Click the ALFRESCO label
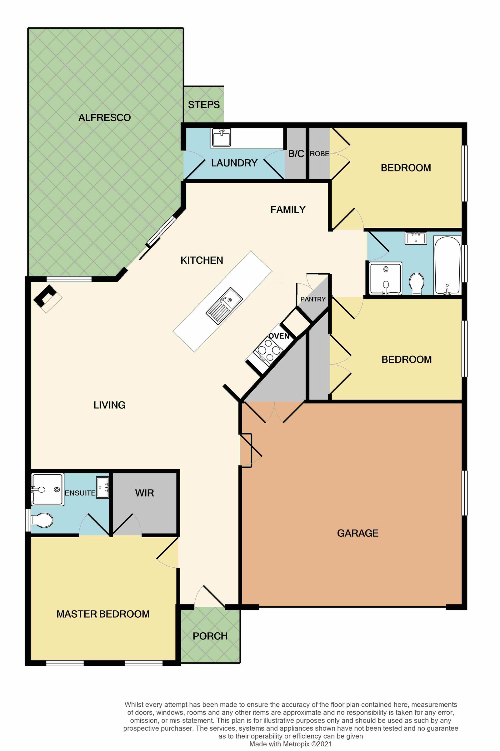pyautogui.click(x=105, y=118)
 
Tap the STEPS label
pyautogui.click(x=204, y=105)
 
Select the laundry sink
pyautogui.click(x=221, y=137)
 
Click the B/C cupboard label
pyautogui.click(x=296, y=154)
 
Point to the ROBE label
pyautogui.click(x=319, y=154)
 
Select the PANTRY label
pyautogui.click(x=313, y=299)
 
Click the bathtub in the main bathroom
pyautogui.click(x=447, y=265)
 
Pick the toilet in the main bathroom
pyautogui.click(x=417, y=283)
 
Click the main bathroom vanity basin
pyautogui.click(x=416, y=238)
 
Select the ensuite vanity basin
pyautogui.click(x=103, y=487)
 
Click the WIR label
pyautogui.click(x=144, y=493)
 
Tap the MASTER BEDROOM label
pyautogui.click(x=103, y=614)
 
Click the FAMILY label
pyautogui.click(x=288, y=209)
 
